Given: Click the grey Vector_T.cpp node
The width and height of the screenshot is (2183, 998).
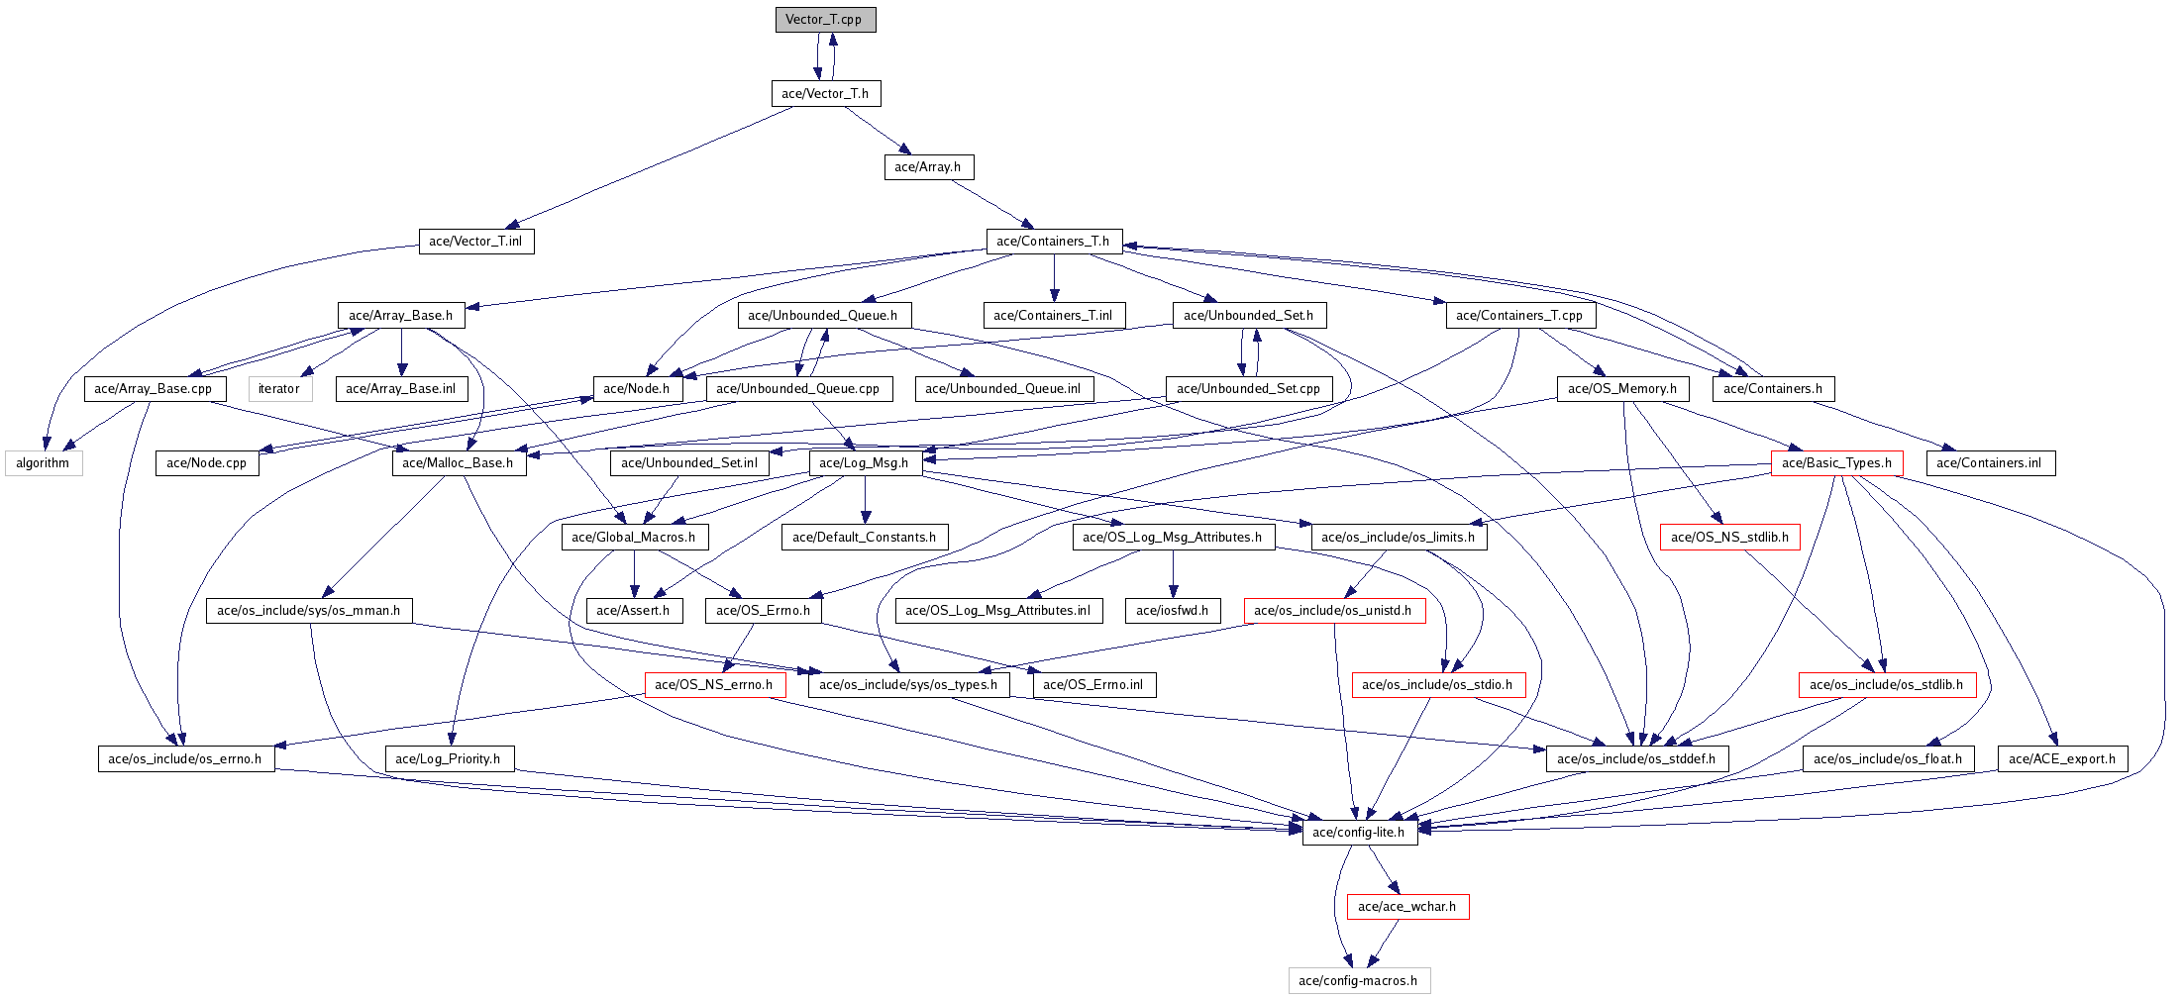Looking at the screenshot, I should coord(825,20).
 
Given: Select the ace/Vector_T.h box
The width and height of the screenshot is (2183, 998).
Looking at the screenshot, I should coord(825,94).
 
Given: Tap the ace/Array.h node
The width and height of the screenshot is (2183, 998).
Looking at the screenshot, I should coord(928,167).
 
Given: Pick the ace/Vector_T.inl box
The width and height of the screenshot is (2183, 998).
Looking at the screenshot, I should coord(475,242).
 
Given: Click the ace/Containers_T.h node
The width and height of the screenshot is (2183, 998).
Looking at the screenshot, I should coord(1053,242).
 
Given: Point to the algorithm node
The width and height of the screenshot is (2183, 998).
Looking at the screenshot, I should coord(44,463).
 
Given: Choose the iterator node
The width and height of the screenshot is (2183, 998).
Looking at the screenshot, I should coord(279,389).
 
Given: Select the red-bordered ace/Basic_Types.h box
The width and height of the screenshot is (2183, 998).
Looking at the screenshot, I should coord(1836,463).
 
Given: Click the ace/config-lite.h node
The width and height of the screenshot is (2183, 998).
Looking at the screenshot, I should coord(1359,833).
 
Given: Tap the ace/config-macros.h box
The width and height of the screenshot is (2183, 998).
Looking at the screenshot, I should coord(1358,981).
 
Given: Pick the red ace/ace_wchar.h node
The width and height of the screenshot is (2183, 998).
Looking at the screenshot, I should coord(1407,907).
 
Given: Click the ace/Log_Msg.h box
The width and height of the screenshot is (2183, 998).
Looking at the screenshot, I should coord(865,463).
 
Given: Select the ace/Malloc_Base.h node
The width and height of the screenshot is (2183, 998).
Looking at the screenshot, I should coord(459,463).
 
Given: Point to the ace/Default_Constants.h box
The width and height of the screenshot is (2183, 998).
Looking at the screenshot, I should coord(865,538).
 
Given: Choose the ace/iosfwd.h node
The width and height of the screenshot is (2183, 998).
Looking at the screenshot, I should coord(1173,611).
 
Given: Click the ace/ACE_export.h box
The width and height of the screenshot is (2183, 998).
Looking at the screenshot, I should coord(2062,759).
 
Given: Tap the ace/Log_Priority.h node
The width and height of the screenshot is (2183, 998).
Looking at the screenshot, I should coord(449,759).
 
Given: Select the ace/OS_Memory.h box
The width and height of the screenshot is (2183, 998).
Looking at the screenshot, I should coord(1622,389).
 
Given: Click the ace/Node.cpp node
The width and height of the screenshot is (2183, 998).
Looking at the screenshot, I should coord(207,463).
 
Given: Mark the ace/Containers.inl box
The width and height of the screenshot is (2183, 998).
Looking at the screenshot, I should coord(1990,463).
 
